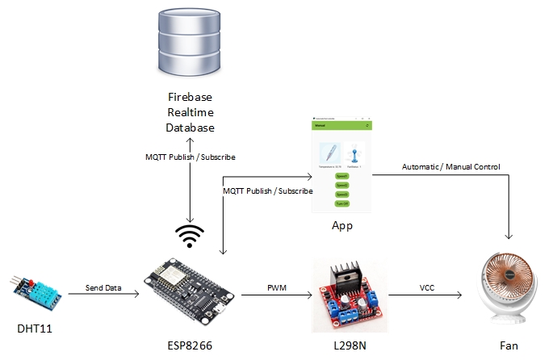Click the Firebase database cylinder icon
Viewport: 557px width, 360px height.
point(191,45)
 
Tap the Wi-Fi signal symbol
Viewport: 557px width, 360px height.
point(191,235)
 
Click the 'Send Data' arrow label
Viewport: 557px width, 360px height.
point(105,287)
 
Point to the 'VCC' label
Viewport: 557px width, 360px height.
point(429,287)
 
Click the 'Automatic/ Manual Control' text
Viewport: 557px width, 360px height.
point(451,167)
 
